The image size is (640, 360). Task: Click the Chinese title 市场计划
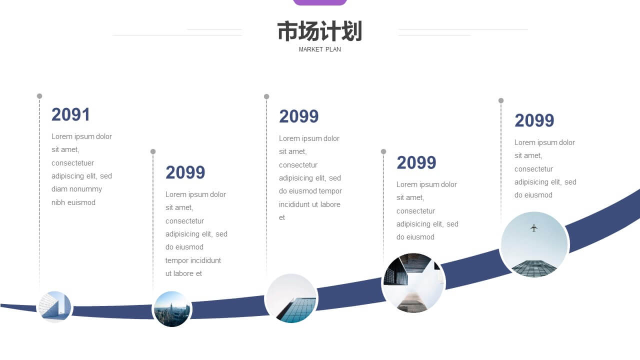coord(319,31)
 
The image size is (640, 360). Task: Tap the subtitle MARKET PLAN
coord(319,49)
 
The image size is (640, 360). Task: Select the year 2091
coord(70,114)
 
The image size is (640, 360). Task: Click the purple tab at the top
coord(319,2)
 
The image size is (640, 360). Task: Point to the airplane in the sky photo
coord(533,227)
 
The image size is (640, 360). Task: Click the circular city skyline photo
coord(171,309)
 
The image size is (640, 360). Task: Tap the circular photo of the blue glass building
coord(291,298)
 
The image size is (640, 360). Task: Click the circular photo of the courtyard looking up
coord(413,283)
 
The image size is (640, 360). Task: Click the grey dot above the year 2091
coord(39,96)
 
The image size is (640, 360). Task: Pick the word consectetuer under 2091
coord(72,163)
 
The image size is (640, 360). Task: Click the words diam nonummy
coord(76,189)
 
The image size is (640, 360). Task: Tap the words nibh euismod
coord(73,202)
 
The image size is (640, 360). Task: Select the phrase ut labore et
coord(183,273)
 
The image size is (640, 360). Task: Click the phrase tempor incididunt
coord(193,260)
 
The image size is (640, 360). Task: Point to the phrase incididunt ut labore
coord(309,204)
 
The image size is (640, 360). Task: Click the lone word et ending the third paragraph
coord(281,217)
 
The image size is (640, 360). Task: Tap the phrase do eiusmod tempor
coord(310,191)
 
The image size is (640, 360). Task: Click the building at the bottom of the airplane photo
coord(533,268)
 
